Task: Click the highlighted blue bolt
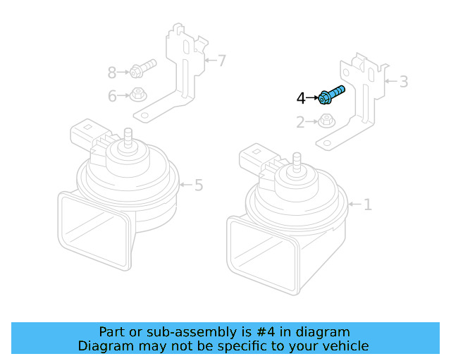[331, 95]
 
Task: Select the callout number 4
[301, 98]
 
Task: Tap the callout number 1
[367, 204]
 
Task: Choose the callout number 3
[403, 82]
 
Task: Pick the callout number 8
[112, 72]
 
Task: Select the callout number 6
[112, 96]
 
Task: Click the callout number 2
[301, 123]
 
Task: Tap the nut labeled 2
[326, 121]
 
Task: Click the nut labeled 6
[137, 94]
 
